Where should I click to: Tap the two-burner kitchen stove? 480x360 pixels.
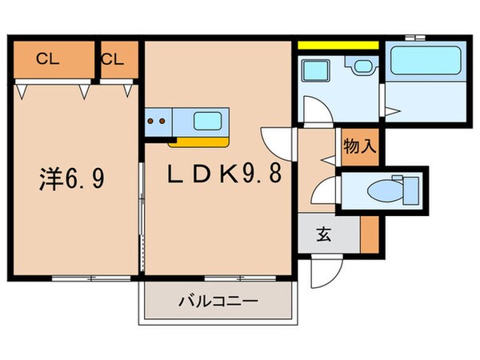pos(158,123)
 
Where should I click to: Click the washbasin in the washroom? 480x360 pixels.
pos(359,67)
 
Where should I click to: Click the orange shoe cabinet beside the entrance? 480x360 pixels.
pos(369,234)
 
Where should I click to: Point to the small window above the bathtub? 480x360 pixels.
pos(414,37)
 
